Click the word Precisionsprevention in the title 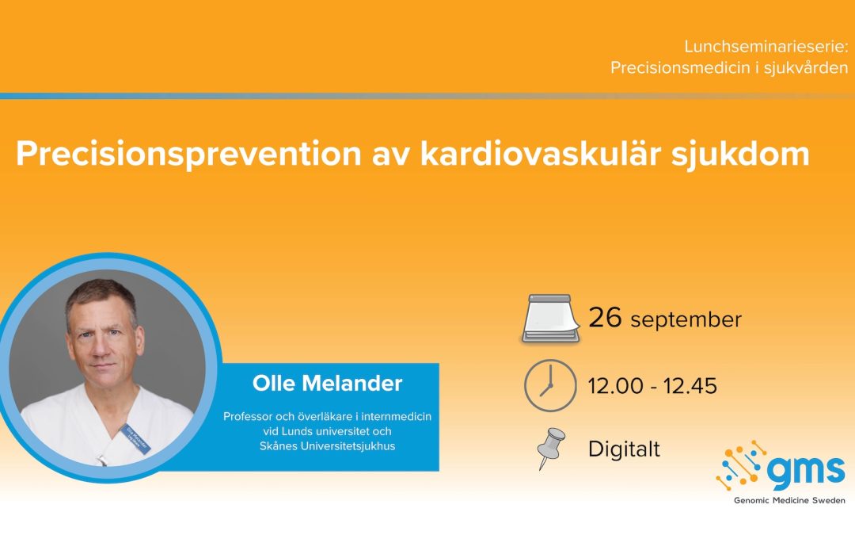tap(188, 155)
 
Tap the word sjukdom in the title tap(740, 155)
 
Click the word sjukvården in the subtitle tap(806, 68)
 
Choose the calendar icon tap(550, 319)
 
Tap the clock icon tap(550, 385)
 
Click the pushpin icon tap(551, 449)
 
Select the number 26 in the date tap(605, 318)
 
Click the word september tap(686, 320)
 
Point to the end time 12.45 tap(690, 386)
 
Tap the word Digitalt tap(625, 449)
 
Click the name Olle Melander tap(327, 384)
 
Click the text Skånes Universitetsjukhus tap(327, 446)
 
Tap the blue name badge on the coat tap(136, 439)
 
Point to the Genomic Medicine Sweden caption tap(789, 500)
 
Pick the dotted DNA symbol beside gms tap(742, 464)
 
